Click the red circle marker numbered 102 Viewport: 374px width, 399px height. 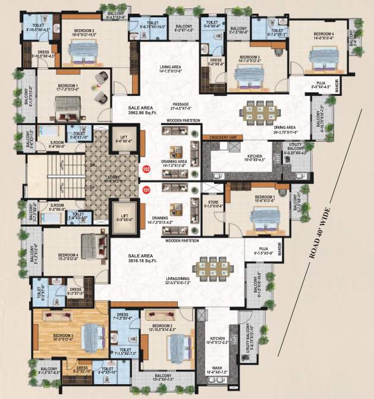click(x=146, y=169)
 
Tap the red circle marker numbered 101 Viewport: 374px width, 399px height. click(x=146, y=191)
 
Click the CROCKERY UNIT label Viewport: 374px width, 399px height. click(x=223, y=138)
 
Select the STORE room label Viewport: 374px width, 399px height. click(x=213, y=204)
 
